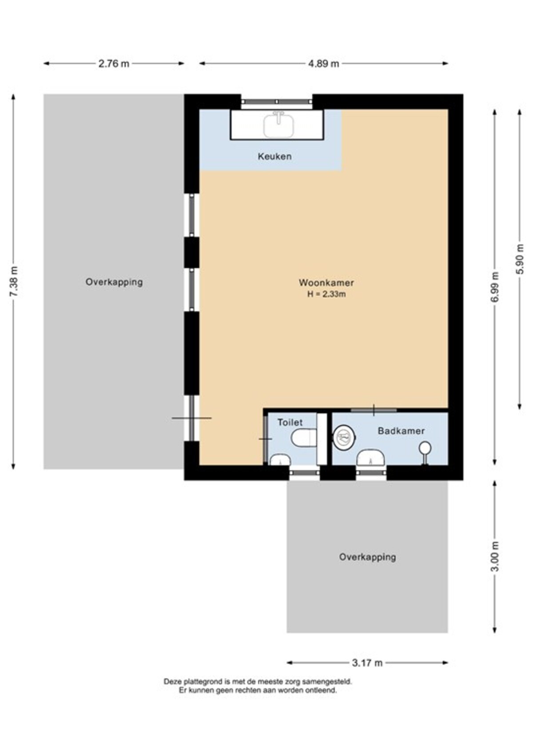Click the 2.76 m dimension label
click(x=114, y=64)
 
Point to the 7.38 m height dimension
click(x=14, y=281)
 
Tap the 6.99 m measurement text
click(x=495, y=287)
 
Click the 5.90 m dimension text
click(x=520, y=259)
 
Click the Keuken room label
click(x=274, y=156)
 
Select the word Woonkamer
click(x=326, y=283)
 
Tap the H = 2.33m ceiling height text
click(x=326, y=294)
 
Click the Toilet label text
click(x=290, y=422)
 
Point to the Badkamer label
click(x=401, y=431)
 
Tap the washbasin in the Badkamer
click(x=370, y=458)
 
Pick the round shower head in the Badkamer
click(x=425, y=448)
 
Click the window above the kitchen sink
click(x=277, y=101)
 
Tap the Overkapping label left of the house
click(x=114, y=282)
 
